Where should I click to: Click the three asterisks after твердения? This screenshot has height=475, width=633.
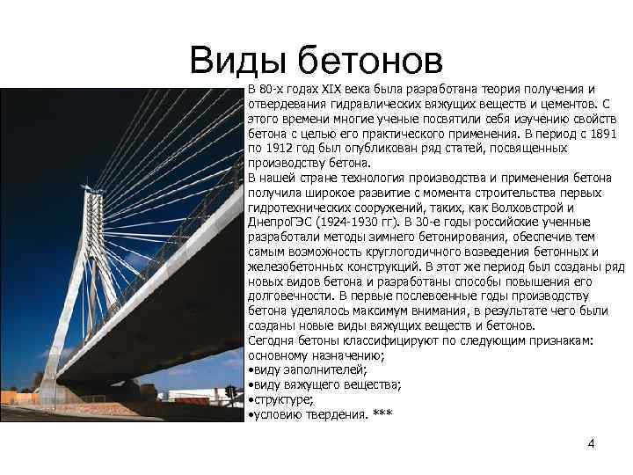[x=382, y=414]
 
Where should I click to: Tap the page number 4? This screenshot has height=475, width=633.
[x=591, y=443]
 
